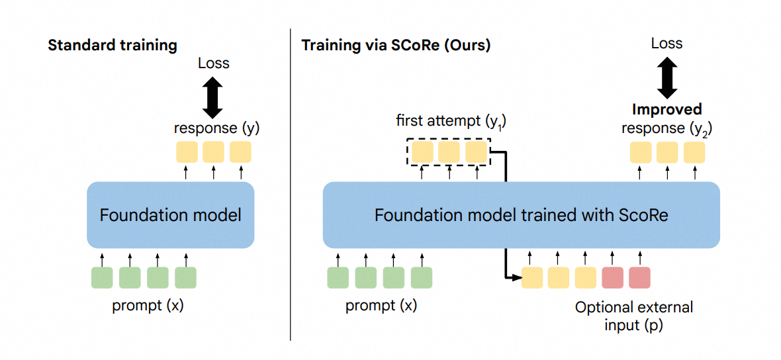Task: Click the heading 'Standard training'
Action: coord(113,46)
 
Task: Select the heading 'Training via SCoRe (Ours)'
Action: coord(396,46)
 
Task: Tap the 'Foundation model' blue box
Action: coord(171,214)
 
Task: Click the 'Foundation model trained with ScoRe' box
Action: coord(521,215)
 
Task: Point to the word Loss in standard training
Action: coord(213,64)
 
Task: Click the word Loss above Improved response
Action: coord(666,44)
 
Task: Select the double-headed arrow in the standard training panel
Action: coord(213,97)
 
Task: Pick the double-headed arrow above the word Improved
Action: coord(666,77)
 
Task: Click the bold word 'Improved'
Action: coord(666,109)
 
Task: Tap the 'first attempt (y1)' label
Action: coord(449,121)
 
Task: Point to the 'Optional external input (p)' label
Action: coord(634,316)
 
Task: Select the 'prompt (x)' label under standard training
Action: coord(144,306)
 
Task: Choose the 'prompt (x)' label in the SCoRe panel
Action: coord(381,306)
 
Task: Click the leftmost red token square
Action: coord(613,278)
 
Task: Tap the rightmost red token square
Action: coord(639,278)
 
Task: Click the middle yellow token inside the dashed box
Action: coord(449,153)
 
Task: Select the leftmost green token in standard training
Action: coord(102,278)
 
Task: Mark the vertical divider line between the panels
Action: coord(291,185)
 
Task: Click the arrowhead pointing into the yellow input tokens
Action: coord(517,278)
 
